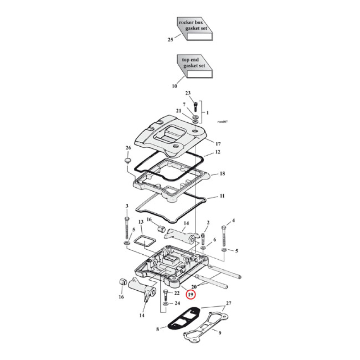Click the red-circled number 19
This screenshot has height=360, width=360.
(190, 295)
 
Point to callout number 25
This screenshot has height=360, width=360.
(170, 40)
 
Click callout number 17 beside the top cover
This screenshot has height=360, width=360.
(218, 143)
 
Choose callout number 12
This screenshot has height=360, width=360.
(218, 153)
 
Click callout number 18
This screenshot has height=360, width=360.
(222, 173)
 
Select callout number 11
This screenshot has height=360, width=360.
(223, 197)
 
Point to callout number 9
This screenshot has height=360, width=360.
(220, 333)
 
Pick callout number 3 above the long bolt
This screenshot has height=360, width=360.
(127, 206)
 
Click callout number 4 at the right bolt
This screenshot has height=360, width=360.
(234, 220)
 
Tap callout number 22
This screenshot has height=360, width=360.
(177, 293)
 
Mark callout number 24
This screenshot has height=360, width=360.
(177, 304)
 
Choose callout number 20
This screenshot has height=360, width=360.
(194, 286)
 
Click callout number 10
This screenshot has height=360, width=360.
(174, 86)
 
